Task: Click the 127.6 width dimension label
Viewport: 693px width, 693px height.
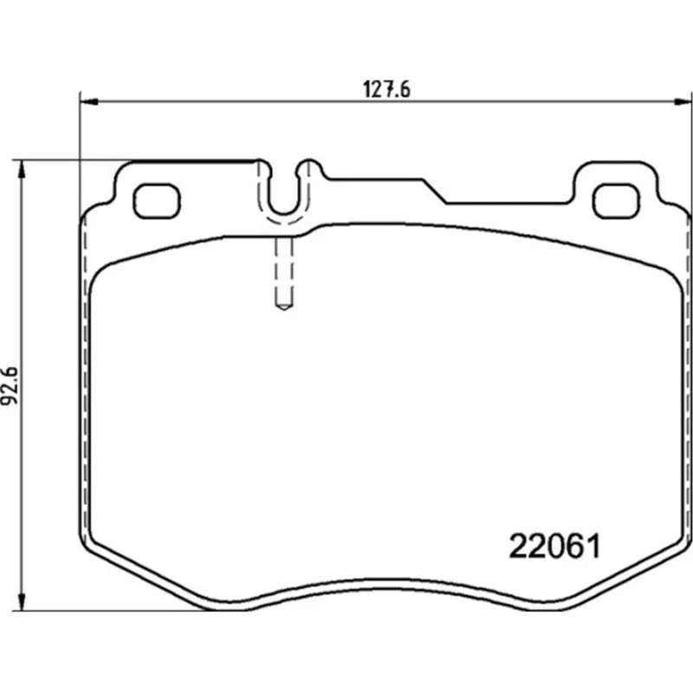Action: (x=386, y=89)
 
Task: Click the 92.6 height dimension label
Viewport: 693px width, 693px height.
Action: (x=10, y=385)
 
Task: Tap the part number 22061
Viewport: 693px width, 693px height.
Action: (x=555, y=547)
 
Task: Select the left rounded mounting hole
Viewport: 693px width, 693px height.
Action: (x=157, y=201)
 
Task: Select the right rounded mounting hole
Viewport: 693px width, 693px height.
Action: (x=616, y=201)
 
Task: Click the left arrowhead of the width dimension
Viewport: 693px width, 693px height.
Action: (x=88, y=102)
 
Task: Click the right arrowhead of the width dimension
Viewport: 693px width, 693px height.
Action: (x=682, y=102)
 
